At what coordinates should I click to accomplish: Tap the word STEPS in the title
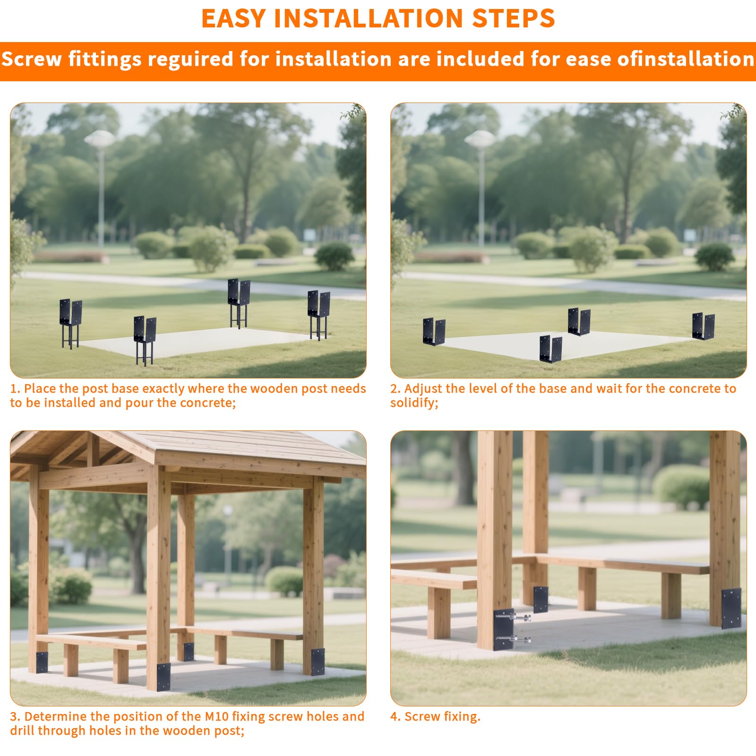[514, 18]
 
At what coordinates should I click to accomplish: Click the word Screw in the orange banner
[32, 60]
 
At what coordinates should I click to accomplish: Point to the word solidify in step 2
[413, 403]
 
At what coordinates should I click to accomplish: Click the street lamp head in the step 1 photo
[99, 138]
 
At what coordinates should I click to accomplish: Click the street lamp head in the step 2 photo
[480, 138]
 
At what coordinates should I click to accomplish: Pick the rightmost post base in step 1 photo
[318, 315]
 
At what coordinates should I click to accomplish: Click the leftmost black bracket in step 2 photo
[434, 331]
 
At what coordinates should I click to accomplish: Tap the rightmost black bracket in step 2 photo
[703, 326]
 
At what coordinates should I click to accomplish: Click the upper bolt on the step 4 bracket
[514, 617]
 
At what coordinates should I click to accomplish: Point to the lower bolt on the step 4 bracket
[514, 640]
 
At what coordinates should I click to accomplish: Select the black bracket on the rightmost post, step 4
[731, 608]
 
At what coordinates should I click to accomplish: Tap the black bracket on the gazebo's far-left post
[42, 662]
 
